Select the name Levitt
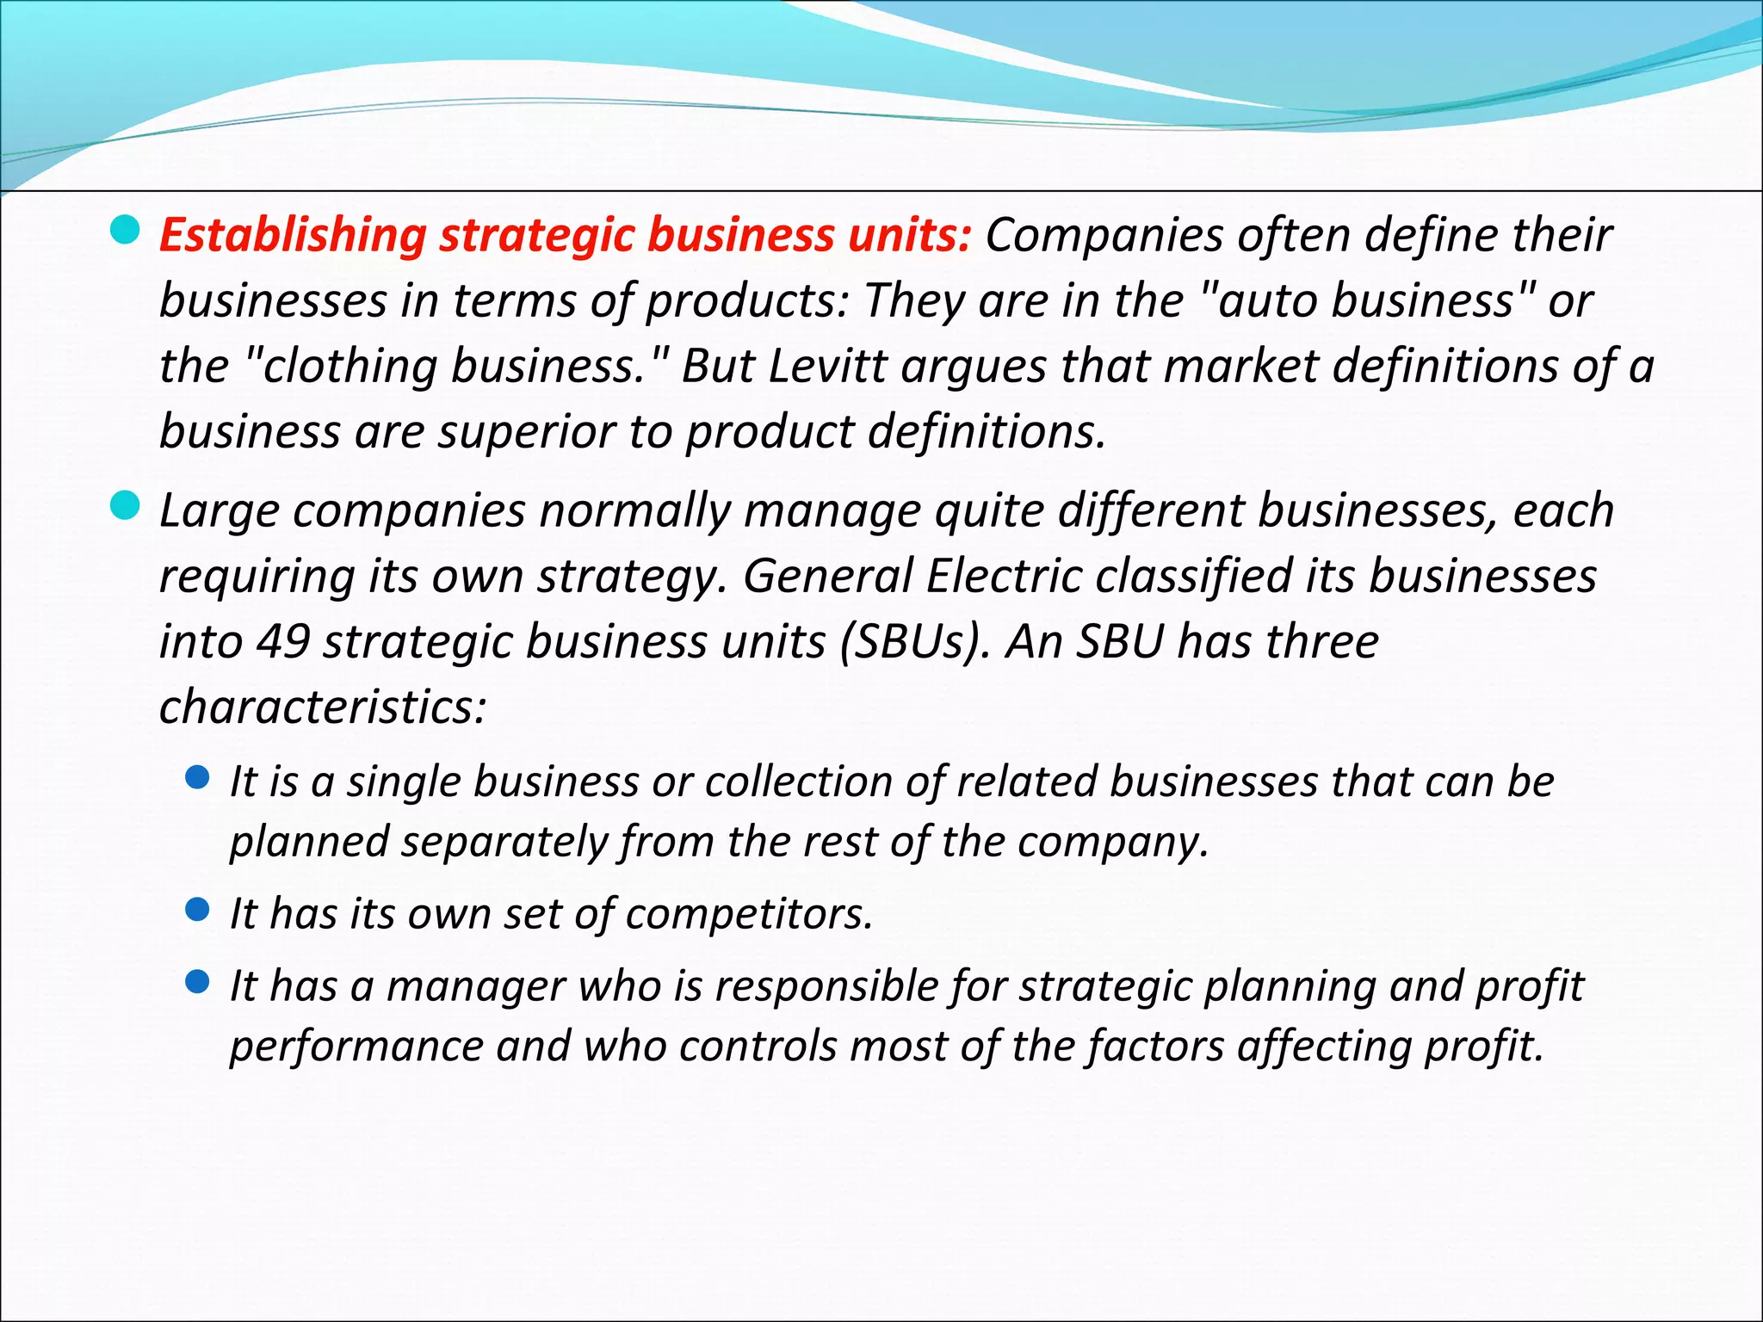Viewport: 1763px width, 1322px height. click(x=826, y=366)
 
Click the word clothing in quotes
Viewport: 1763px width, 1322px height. click(x=350, y=366)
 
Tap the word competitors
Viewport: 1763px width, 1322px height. click(x=749, y=914)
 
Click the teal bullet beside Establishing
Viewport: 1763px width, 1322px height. click(x=126, y=231)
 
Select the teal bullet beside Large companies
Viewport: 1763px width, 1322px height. click(x=126, y=507)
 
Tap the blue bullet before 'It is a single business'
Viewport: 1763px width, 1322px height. click(x=198, y=778)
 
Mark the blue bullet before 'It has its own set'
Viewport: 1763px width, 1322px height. click(x=198, y=910)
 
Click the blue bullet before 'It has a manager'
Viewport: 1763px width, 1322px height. click(x=198, y=982)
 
